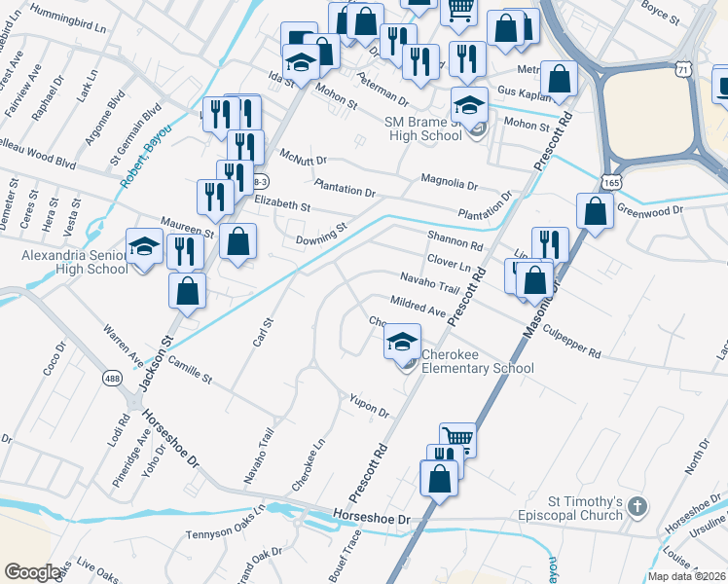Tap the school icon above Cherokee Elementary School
point(401,342)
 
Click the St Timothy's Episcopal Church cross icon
point(637,506)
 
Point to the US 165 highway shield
point(610,182)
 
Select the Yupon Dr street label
point(369,405)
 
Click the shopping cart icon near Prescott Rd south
point(457,438)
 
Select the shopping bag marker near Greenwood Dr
point(594,210)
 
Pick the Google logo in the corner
point(33,572)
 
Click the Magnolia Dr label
point(450,182)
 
